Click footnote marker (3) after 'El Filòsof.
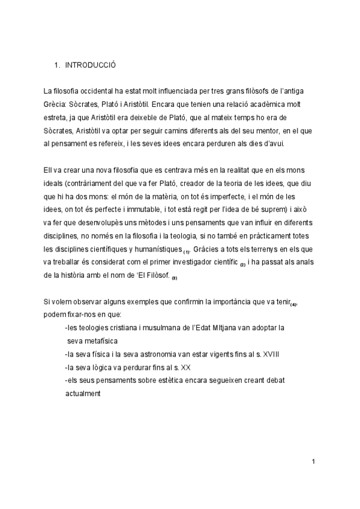174,279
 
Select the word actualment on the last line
83,394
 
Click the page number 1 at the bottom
313,462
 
